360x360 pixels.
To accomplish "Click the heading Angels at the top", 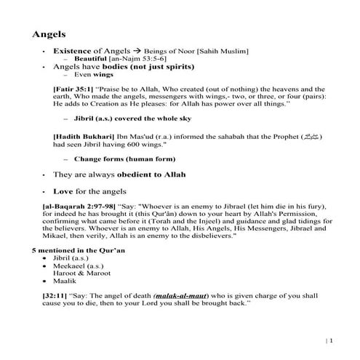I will (49, 33).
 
